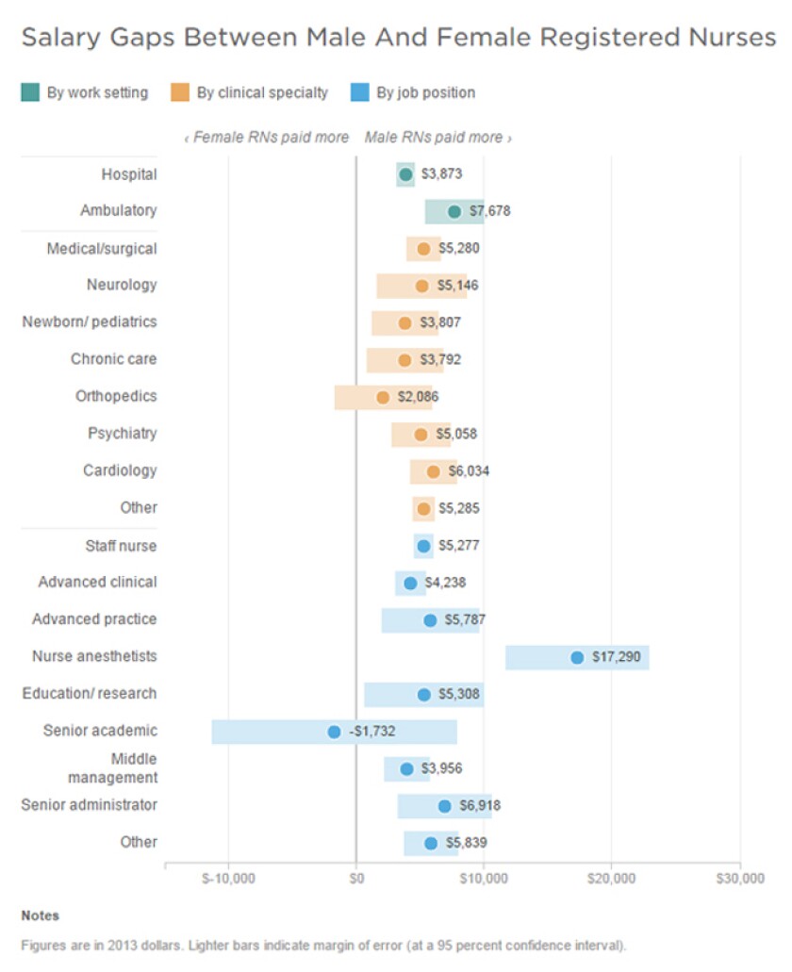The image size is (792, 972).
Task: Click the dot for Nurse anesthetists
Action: click(577, 657)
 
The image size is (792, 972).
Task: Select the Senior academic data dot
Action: click(334, 732)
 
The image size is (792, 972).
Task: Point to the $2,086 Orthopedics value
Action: click(418, 397)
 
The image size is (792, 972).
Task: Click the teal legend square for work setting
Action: click(30, 92)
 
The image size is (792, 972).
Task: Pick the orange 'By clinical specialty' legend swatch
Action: click(179, 92)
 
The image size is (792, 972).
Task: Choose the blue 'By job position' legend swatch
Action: click(359, 92)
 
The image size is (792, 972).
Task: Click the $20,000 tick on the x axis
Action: click(612, 879)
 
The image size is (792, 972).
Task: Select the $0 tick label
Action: click(356, 879)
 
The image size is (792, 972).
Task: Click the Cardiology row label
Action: click(120, 470)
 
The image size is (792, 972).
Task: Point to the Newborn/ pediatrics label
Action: click(90, 322)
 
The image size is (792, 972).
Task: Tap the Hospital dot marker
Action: click(406, 174)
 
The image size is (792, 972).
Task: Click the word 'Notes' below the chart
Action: click(40, 915)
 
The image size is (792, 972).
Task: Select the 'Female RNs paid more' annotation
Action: click(267, 138)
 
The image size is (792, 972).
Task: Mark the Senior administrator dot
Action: click(444, 806)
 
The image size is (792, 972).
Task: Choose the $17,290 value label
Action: click(616, 657)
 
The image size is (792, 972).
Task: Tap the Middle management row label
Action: click(112, 768)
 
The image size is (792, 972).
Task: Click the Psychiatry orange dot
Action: click(421, 435)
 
